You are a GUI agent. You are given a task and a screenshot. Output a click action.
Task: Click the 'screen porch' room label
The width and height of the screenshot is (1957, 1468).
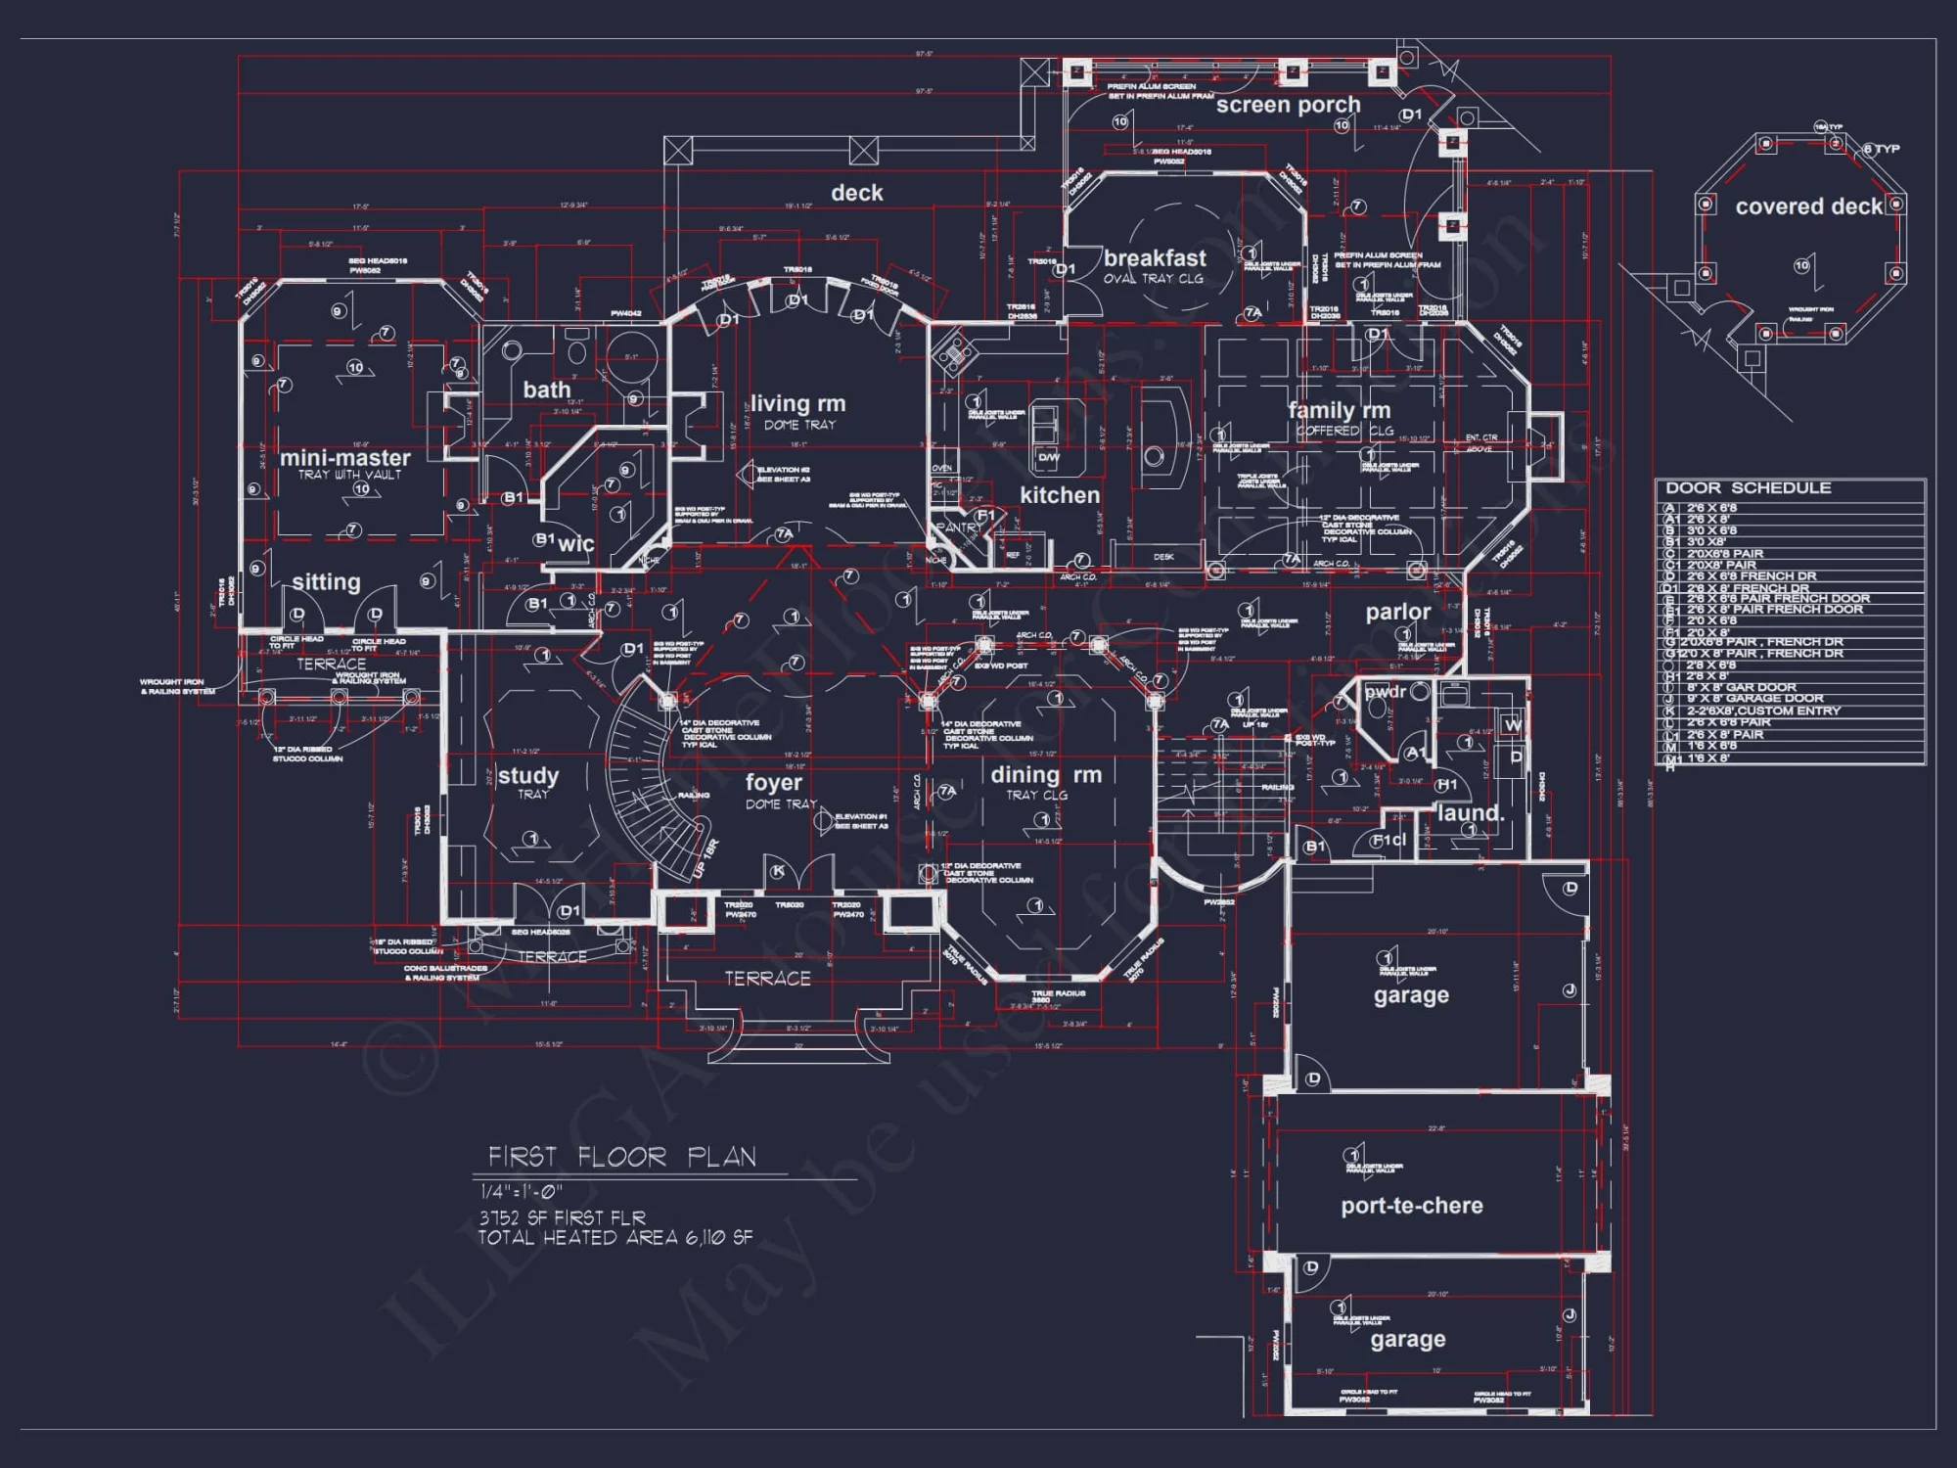click(1288, 105)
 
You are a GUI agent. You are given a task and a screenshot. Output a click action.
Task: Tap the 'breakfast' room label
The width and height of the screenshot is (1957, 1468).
click(1155, 258)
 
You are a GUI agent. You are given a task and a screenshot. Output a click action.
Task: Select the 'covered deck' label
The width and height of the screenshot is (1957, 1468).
click(1808, 206)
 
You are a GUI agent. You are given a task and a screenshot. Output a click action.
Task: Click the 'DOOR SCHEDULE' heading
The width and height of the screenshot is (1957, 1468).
click(1748, 487)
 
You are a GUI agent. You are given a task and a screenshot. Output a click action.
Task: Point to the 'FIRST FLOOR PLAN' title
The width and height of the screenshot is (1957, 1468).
click(622, 1157)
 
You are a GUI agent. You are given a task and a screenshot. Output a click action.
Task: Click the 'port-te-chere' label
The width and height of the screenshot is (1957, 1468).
click(1411, 1206)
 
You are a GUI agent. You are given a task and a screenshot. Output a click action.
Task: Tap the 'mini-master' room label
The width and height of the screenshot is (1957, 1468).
click(345, 458)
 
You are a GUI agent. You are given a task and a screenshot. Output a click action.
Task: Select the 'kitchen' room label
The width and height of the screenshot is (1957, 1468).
click(1060, 495)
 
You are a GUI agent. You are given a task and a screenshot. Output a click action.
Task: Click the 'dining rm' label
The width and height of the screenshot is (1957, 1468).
click(1046, 775)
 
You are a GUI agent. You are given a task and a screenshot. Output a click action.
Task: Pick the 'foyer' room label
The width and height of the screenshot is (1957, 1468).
click(773, 783)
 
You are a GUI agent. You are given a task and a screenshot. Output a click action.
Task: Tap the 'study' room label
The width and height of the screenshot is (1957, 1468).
click(528, 776)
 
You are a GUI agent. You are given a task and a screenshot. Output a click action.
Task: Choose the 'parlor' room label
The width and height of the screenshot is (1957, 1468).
click(1397, 612)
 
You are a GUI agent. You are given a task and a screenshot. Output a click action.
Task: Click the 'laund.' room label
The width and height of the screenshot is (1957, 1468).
click(1470, 813)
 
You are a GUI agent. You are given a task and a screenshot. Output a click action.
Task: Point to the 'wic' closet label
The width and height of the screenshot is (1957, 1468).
click(575, 544)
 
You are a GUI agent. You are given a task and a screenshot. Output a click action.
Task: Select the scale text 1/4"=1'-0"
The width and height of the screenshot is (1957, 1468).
click(522, 1192)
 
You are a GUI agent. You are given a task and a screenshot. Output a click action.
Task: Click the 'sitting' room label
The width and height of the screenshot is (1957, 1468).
click(326, 582)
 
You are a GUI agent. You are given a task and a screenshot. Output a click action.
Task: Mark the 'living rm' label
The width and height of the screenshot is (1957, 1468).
click(797, 403)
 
